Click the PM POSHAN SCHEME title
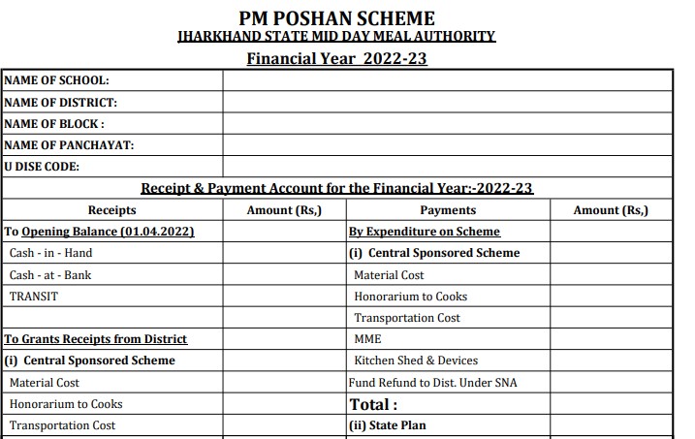tap(336, 17)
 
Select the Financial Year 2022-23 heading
tap(336, 58)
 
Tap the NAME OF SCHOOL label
tap(56, 80)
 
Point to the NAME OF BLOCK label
tap(54, 124)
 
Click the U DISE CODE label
tap(43, 167)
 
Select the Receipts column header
tap(111, 210)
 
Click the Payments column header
tap(448, 210)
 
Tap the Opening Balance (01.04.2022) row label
tap(100, 232)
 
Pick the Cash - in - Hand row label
tap(50, 253)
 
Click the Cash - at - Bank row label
tap(50, 275)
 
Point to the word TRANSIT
tap(34, 297)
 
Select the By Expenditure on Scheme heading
tap(425, 232)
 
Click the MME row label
tap(367, 339)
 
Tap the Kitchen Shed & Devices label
tap(416, 361)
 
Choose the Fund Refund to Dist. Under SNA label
tap(433, 382)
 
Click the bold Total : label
tap(373, 404)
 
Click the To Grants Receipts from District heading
tap(96, 339)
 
